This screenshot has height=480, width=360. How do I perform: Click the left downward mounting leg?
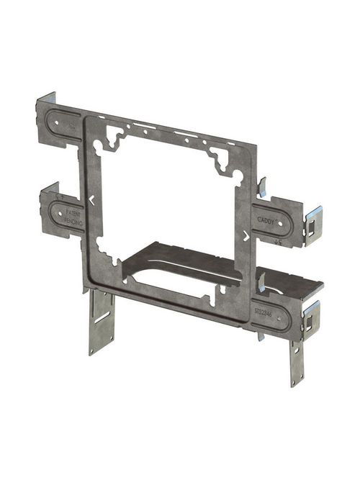click(x=102, y=322)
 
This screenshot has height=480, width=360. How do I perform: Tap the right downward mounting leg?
click(x=297, y=362)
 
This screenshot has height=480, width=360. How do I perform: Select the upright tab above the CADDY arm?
click(x=262, y=189)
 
